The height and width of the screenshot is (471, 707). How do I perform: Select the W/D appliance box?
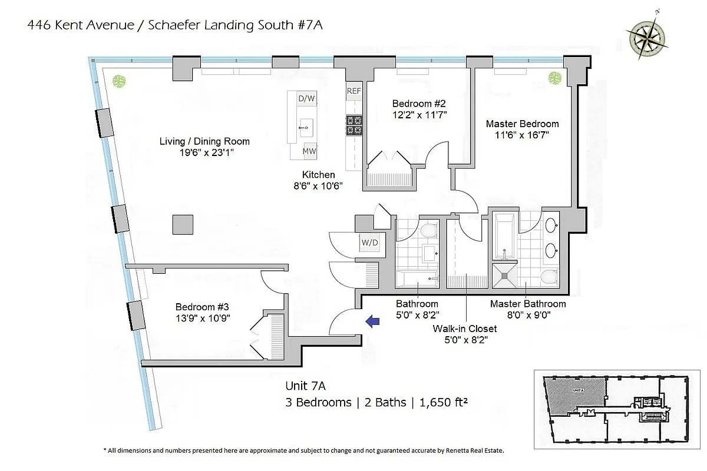coord(370,243)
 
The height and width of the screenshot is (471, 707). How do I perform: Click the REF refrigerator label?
coord(353,91)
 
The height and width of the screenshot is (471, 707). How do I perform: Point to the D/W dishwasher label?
coord(306,98)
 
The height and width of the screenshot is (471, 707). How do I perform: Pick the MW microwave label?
coord(309,151)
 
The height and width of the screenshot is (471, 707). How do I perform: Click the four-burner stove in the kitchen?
coord(353,125)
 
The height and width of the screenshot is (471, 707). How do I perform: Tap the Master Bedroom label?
coord(522,124)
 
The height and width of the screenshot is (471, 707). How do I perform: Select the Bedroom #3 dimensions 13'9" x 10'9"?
coord(203,318)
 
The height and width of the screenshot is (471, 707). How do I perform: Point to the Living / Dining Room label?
coord(204,141)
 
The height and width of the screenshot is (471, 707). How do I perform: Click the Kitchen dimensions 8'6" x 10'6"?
coord(319,185)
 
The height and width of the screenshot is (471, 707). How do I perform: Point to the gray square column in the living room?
coord(183,225)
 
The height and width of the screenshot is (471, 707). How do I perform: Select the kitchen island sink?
coord(306,125)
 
